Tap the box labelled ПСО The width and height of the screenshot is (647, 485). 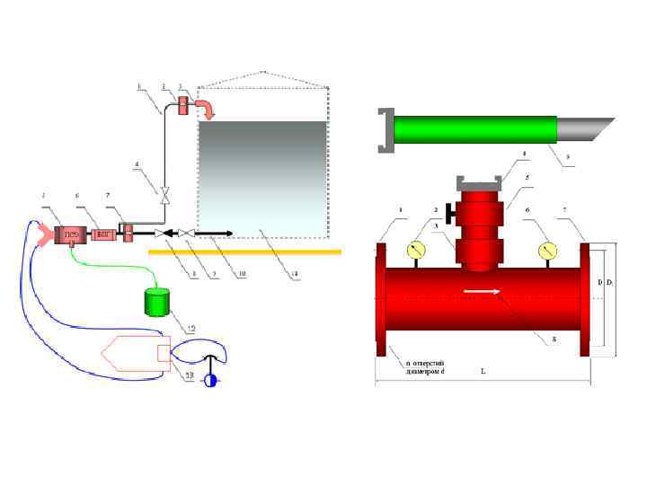pos(69,235)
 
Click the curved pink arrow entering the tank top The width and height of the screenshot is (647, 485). pos(207,109)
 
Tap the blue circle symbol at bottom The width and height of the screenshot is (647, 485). pos(210,379)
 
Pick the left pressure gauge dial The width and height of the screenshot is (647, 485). pos(417,251)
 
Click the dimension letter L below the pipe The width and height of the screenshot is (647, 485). pos(483,370)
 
